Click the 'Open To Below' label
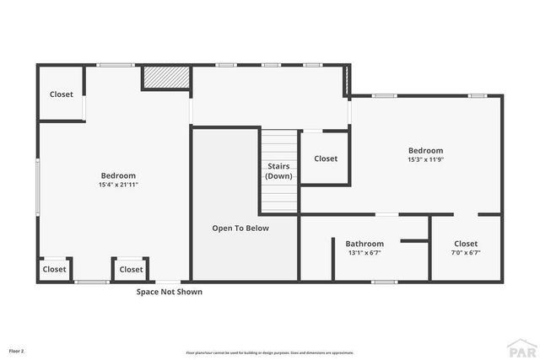[x=240, y=228]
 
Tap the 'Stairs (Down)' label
[x=278, y=171]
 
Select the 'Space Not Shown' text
[x=170, y=293]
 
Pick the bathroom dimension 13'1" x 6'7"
[x=364, y=253]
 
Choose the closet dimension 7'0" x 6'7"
[x=466, y=253]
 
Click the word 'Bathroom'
[x=364, y=244]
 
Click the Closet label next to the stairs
[x=326, y=159]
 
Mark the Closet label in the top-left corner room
[x=62, y=94]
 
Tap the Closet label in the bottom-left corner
[x=54, y=270]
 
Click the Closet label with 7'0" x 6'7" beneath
[x=466, y=244]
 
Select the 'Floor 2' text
[x=17, y=350]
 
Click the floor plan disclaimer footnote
[x=269, y=352]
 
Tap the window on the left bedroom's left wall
[x=37, y=185]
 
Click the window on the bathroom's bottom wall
[x=384, y=282]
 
